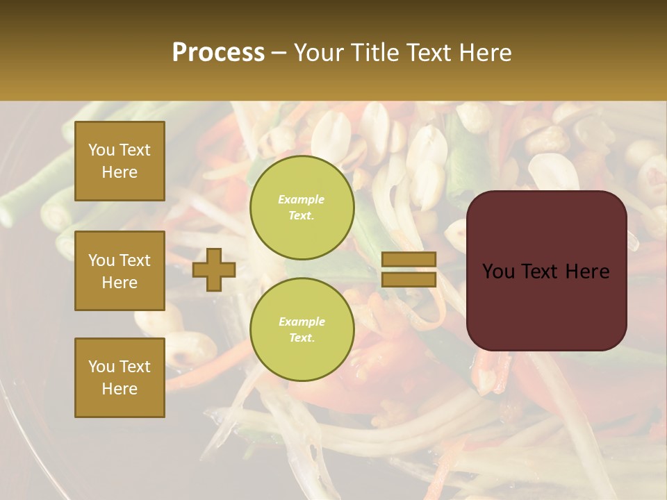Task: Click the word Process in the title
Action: coord(218,52)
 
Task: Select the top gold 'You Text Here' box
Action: coord(120,161)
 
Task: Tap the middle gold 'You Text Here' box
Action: coord(120,271)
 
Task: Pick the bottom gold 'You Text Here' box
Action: coord(120,377)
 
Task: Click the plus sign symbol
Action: coord(214,269)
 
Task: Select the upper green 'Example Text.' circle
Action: coord(302,207)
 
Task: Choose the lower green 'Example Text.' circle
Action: coord(302,329)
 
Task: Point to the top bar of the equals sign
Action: coord(409,260)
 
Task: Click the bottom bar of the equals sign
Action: coord(409,279)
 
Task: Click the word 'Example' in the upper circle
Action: coord(302,199)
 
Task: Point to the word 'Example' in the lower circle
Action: coord(302,322)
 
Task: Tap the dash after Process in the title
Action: coord(279,53)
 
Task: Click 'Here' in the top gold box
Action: coord(120,172)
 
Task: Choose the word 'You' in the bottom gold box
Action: coord(101,366)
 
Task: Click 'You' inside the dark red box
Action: coord(498,272)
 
